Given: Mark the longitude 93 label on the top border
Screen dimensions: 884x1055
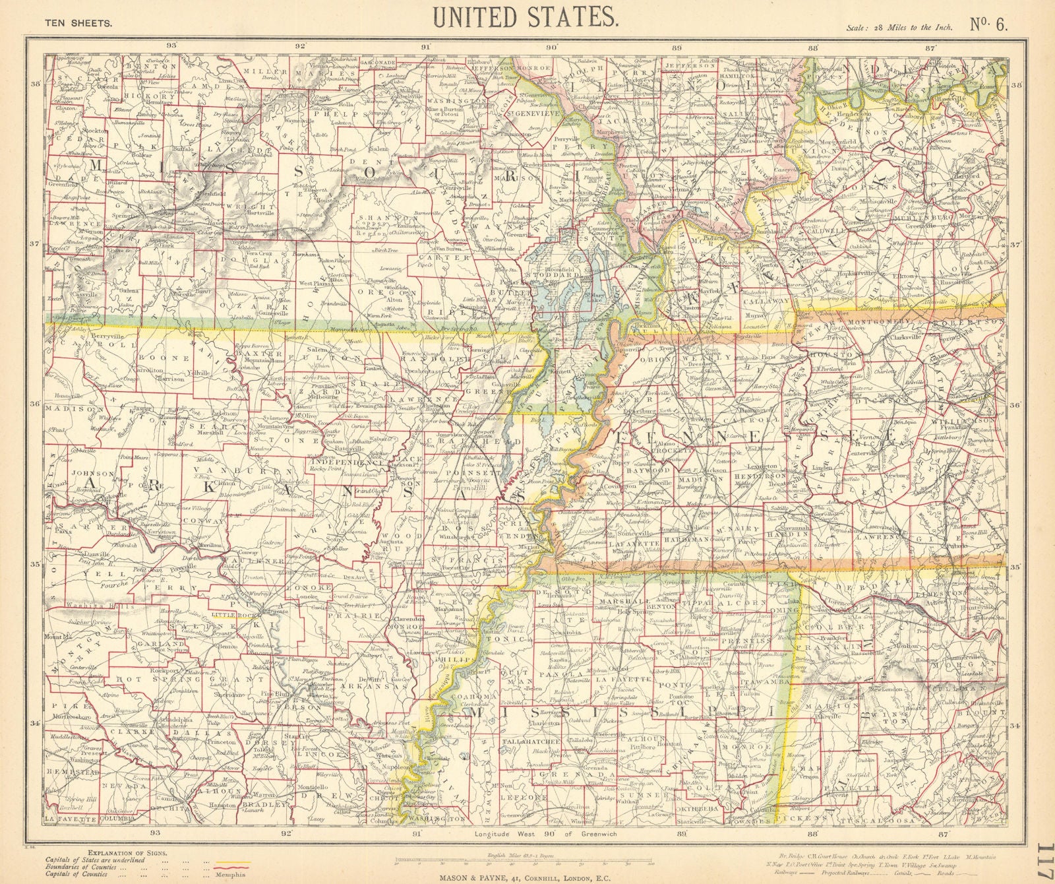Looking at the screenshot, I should pyautogui.click(x=172, y=45).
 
